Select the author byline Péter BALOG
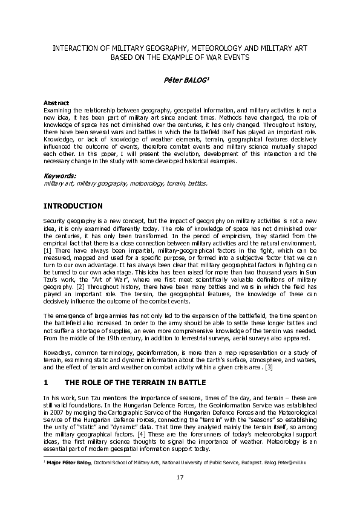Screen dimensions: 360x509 pos(180,80)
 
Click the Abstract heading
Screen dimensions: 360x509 pos(56,103)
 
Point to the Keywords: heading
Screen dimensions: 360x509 pos(60,175)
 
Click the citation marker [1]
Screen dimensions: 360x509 pos(48,250)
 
